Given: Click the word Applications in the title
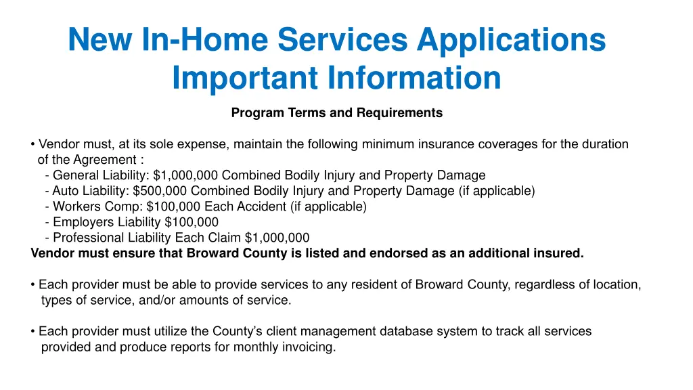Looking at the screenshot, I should tap(511, 39).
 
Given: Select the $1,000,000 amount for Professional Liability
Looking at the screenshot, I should tap(277, 238).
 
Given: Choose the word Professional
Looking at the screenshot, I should tap(86, 238).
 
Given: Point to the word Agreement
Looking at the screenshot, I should tap(108, 160).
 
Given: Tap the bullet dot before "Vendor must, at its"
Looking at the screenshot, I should tap(34, 144).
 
